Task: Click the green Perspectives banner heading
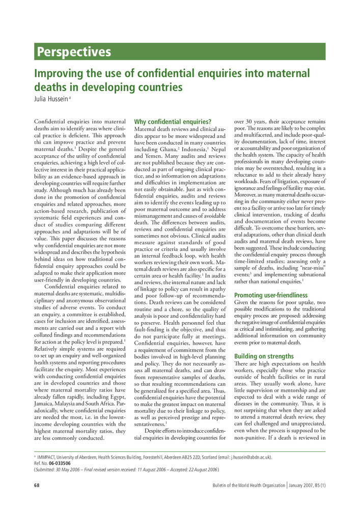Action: (x=73, y=52)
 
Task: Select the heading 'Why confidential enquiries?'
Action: (x=172, y=122)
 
